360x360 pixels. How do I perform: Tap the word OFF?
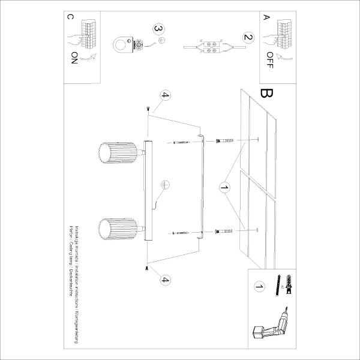click(270, 60)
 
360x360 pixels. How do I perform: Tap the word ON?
click(74, 58)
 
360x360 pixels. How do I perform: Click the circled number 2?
click(246, 37)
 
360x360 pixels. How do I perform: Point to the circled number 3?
click(158, 28)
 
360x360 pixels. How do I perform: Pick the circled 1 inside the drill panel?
click(259, 287)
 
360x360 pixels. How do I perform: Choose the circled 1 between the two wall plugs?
click(225, 190)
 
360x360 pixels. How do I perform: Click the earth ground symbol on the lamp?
click(166, 186)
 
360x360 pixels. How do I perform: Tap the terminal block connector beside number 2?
click(211, 45)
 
